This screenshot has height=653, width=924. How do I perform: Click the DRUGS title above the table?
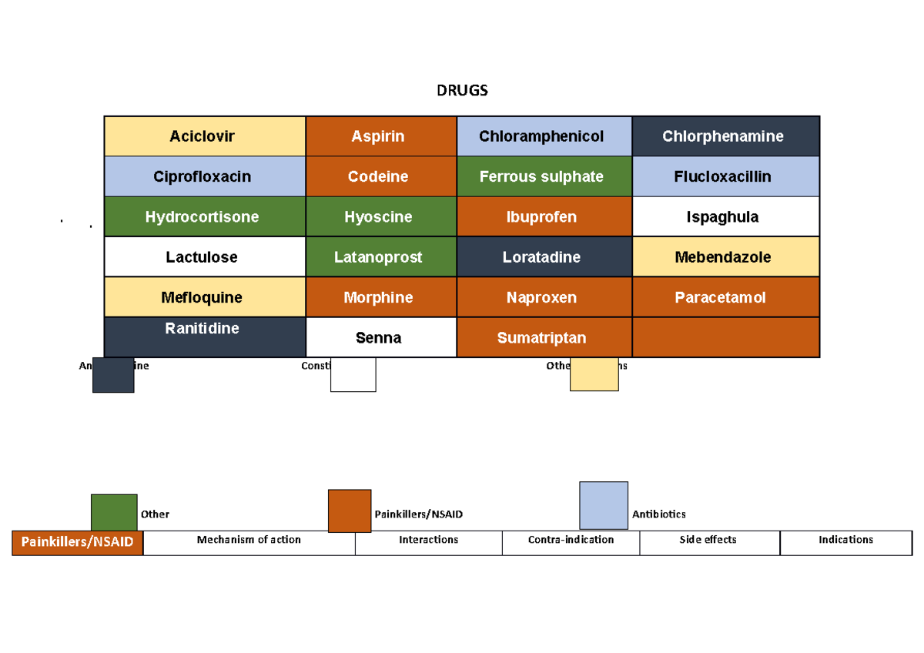(x=462, y=91)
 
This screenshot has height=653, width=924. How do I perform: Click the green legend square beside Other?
(x=114, y=512)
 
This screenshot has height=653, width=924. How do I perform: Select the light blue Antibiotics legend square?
(x=603, y=505)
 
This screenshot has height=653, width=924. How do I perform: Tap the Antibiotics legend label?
(x=658, y=514)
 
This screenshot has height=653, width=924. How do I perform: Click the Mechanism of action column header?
(x=249, y=541)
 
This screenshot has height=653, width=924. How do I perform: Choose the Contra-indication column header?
(x=571, y=541)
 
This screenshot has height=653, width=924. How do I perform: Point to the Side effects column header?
(x=708, y=541)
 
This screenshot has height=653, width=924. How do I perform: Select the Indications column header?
(x=845, y=541)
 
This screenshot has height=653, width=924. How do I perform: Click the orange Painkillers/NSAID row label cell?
(x=77, y=543)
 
